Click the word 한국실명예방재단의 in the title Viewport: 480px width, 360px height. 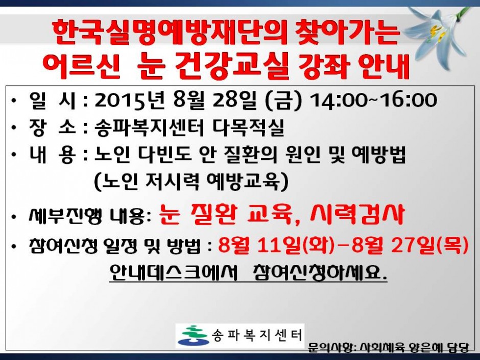click(x=170, y=33)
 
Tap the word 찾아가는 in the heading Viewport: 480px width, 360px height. click(x=347, y=33)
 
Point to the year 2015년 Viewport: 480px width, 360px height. click(x=130, y=100)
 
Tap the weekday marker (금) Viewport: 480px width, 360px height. click(x=283, y=100)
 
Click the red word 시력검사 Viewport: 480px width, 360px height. click(x=357, y=214)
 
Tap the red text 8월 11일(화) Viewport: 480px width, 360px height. click(x=276, y=245)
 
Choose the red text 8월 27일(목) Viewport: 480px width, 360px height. click(x=410, y=245)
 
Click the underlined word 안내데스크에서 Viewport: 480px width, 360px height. click(x=173, y=271)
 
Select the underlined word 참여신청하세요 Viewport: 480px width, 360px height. click(x=321, y=271)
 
